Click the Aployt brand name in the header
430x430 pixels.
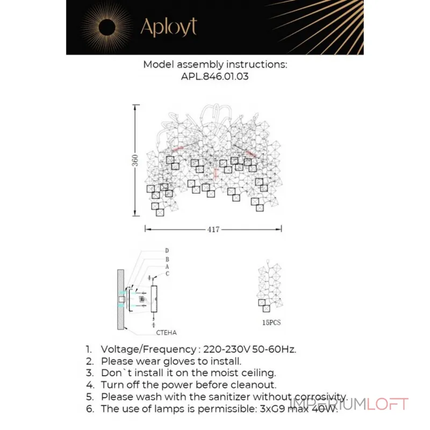pos(168,27)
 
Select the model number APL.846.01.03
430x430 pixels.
pos(215,77)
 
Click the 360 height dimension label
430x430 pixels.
pos(136,160)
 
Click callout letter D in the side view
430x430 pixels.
pos(167,250)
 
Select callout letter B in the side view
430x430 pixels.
pos(167,259)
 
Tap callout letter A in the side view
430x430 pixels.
pos(167,266)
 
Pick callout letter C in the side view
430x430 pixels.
pos(167,274)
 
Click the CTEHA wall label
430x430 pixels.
pos(168,333)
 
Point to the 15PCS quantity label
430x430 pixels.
pos(271,323)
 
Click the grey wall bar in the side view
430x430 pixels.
pos(120,299)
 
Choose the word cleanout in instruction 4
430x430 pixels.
pos(254,385)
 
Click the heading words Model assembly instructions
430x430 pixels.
pos(215,64)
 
